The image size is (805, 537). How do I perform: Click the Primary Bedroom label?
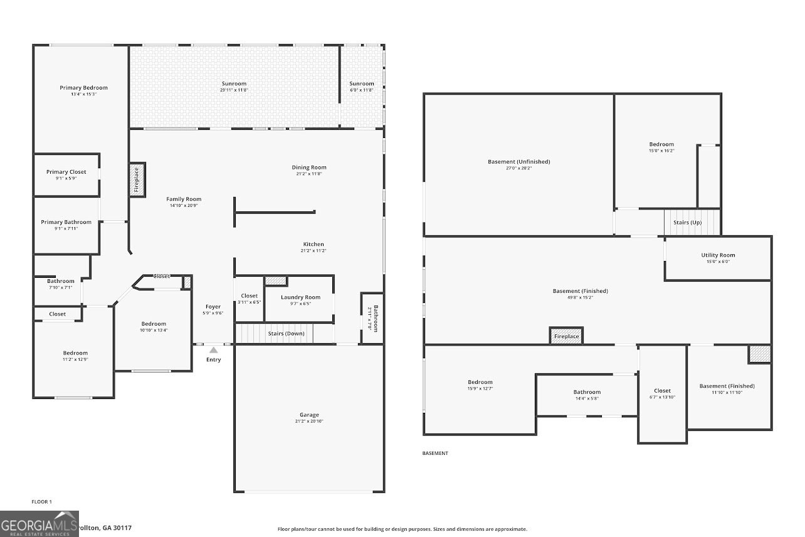[83, 88]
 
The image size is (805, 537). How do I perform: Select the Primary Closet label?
[66, 172]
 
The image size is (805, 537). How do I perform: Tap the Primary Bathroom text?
[66, 222]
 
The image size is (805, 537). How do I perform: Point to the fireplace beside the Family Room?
[137, 180]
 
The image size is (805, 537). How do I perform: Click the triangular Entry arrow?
[213, 350]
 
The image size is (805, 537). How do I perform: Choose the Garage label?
[309, 415]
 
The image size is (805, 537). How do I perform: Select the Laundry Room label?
[300, 297]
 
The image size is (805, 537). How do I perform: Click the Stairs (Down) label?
[286, 333]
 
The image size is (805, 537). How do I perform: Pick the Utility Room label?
[718, 255]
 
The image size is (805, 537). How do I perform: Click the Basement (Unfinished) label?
[518, 162]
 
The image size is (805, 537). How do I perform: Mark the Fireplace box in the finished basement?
[566, 336]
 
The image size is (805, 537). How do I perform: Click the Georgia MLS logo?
[39, 524]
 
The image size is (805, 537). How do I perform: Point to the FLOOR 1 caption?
[42, 502]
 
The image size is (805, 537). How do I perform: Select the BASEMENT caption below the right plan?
[435, 453]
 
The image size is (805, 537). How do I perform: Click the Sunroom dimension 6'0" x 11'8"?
[362, 90]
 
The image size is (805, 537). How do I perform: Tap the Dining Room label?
[309, 167]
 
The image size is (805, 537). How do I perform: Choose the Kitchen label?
[313, 244]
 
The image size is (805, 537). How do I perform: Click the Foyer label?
[213, 307]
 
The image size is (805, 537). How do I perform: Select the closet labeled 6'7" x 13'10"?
[662, 397]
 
